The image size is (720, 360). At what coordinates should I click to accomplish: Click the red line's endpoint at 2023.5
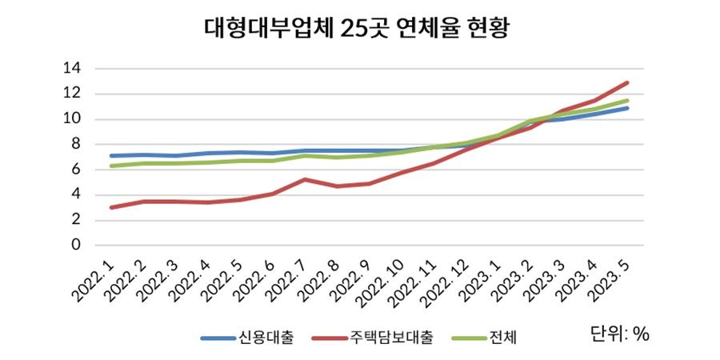[x=627, y=82]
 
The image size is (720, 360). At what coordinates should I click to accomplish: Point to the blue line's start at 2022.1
[x=111, y=155]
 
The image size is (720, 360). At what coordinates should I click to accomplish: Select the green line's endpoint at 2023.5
[x=627, y=100]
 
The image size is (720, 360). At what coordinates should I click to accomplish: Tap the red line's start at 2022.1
[x=111, y=207]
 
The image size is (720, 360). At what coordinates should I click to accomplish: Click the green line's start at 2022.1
[x=111, y=166]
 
